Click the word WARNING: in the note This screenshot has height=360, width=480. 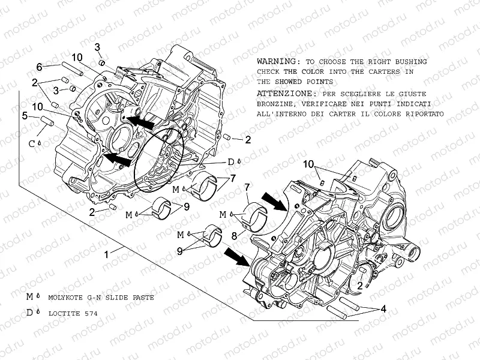(x=277, y=62)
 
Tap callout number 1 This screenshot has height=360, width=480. (x=107, y=254)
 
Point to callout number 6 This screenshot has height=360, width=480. (x=39, y=67)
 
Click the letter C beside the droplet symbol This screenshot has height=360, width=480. (x=32, y=143)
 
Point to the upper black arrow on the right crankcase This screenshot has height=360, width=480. (x=278, y=200)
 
